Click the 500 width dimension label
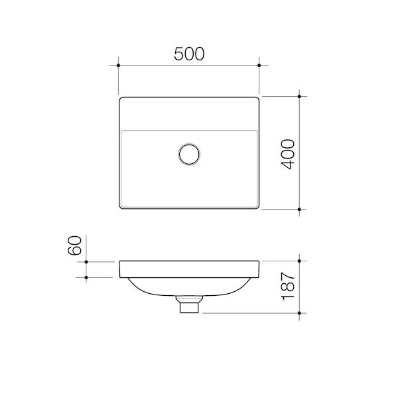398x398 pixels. tap(189, 54)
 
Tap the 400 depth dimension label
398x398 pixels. tap(288, 154)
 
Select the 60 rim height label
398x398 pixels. tap(74, 245)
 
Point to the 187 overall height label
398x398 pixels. tap(288, 287)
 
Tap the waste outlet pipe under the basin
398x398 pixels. tap(189, 304)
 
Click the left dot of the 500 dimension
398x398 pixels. tap(118, 66)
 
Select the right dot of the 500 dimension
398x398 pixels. tap(259, 66)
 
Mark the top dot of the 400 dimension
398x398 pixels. tap(299, 96)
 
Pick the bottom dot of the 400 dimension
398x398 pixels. tap(299, 210)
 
